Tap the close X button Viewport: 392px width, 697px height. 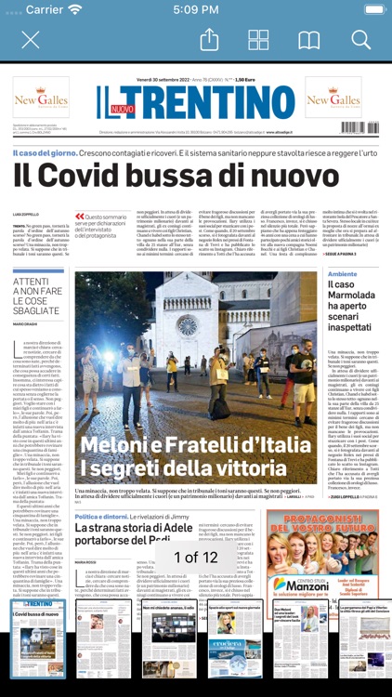click(31, 40)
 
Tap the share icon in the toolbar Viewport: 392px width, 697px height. click(209, 40)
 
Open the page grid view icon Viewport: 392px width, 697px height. click(258, 40)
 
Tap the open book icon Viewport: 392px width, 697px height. click(308, 40)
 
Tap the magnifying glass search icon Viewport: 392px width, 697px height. click(360, 40)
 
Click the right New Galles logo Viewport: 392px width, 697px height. click(333, 98)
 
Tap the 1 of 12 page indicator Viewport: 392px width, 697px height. click(196, 558)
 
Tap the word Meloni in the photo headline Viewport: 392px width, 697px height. click(118, 445)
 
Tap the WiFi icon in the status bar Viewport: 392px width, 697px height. click(74, 9)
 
